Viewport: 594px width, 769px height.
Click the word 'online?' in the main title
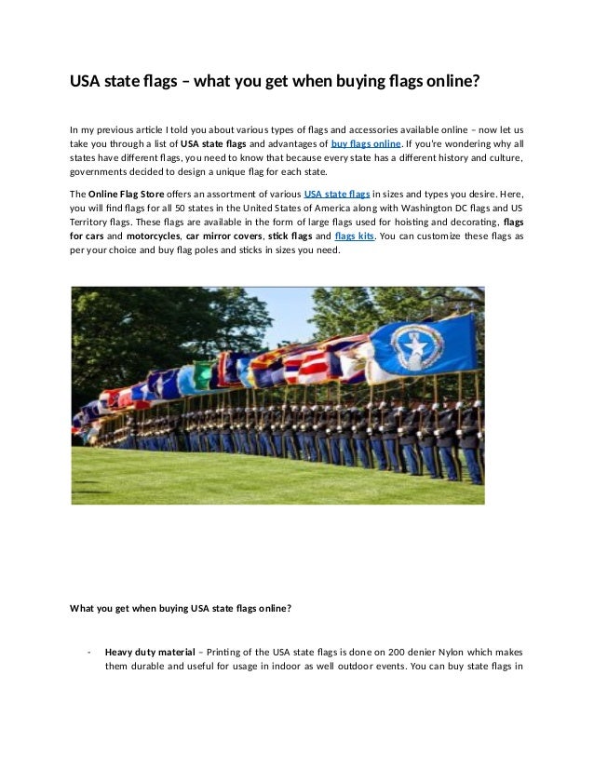(x=452, y=81)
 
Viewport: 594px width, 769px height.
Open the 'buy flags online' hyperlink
(x=366, y=144)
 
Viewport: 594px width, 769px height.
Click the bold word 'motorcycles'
(x=154, y=236)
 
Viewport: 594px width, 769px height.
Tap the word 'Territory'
(x=91, y=223)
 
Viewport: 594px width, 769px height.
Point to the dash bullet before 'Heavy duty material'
(x=88, y=652)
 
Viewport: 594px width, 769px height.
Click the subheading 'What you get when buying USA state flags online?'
(x=181, y=609)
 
